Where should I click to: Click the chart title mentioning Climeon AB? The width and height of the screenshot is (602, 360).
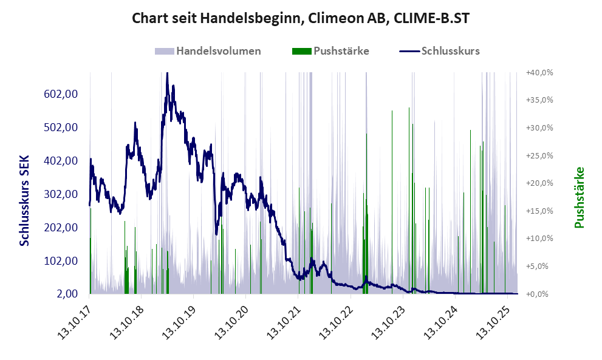301,18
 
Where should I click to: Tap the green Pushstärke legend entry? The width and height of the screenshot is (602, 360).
330,51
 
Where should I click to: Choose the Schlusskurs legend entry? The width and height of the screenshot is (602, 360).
440,51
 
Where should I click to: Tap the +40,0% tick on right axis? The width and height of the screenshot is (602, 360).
539,72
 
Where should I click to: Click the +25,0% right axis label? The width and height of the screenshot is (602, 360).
539,155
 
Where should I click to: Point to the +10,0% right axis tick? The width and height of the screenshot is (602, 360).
539,239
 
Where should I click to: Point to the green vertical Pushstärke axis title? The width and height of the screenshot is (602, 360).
579,198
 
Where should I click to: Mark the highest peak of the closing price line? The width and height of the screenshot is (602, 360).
167,73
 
